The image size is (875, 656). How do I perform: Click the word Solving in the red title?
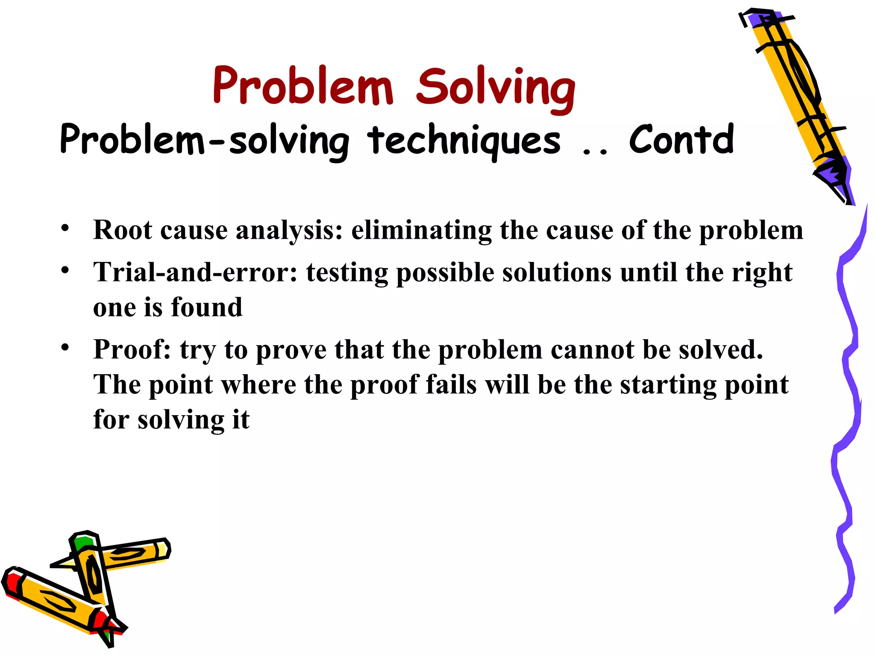[x=496, y=88]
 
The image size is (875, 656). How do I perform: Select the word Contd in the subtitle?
[x=681, y=140]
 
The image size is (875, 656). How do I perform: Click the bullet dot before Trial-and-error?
[x=65, y=270]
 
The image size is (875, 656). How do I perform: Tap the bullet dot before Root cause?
[x=65, y=228]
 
